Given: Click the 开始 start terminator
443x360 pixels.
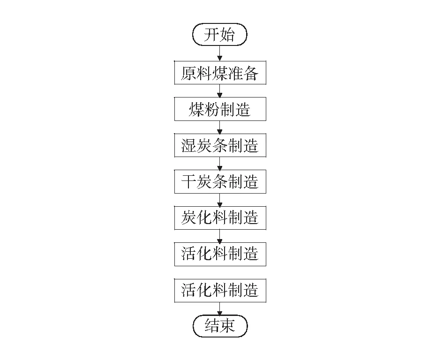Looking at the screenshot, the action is coord(220,35).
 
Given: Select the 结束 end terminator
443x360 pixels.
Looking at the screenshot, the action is coord(220,326).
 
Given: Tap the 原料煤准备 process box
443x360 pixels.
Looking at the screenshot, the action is coord(220,73).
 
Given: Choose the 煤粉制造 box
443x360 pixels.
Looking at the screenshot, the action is coord(220,109).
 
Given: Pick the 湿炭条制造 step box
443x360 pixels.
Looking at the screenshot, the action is coord(220,145).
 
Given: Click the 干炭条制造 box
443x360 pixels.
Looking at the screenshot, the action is coord(220,182).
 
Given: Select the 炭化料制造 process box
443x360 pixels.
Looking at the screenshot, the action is coord(220,218).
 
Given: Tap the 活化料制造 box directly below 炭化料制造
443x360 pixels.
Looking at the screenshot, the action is coord(220,255).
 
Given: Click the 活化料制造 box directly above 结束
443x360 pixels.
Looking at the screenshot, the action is coord(220,291).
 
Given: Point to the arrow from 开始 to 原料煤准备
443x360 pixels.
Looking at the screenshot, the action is coord(219,53).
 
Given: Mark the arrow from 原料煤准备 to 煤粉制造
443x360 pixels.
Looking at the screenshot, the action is coord(219,91).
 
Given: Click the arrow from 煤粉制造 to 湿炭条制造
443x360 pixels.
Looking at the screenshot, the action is coord(219,127).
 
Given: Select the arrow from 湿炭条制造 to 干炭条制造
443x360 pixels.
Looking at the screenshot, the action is coord(219,163).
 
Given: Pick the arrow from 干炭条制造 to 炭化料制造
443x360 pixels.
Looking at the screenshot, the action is coord(219,200).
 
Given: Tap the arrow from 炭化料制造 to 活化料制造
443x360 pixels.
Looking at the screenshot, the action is coord(219,236).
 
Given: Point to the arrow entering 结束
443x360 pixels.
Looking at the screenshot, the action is coord(219,309).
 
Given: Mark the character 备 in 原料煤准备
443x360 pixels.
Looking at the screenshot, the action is coord(251,73).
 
